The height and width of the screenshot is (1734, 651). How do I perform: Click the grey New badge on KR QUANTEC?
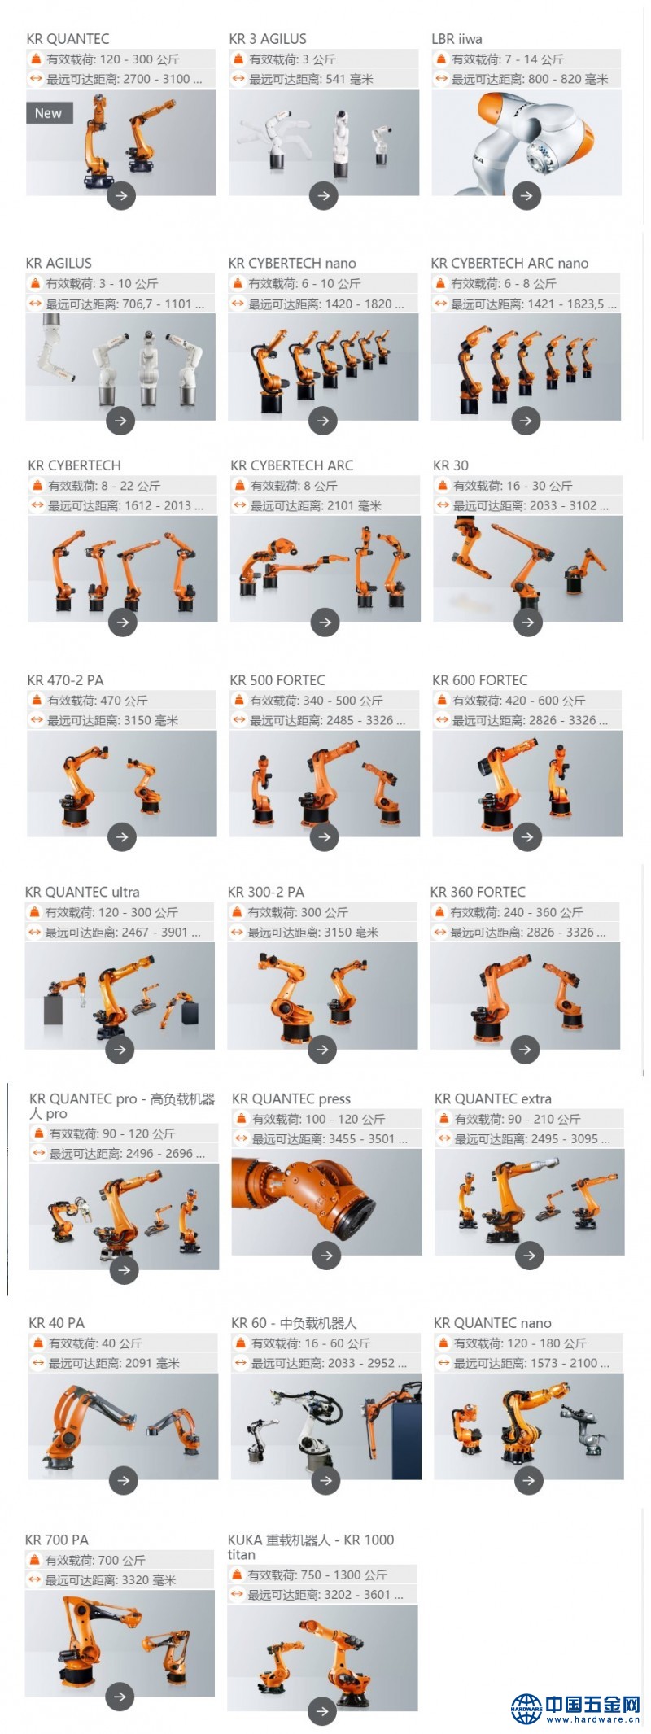coord(50,113)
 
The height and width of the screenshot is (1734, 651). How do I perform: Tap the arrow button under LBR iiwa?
coord(526,195)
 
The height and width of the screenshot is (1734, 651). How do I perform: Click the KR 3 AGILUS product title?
coord(268,39)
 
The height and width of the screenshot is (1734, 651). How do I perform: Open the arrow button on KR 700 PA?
coord(120,1697)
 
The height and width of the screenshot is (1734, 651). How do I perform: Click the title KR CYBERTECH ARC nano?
coord(509,264)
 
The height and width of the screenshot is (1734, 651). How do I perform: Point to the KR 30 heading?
coord(451,465)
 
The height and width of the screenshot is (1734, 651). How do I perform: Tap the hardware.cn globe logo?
coord(526,1708)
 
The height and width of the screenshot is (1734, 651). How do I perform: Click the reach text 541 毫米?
coord(350,80)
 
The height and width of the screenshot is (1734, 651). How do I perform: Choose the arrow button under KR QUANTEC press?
coord(326,1256)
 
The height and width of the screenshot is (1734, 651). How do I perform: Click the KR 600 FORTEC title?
coord(480,680)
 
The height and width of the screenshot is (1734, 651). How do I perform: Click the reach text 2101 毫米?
coord(354,506)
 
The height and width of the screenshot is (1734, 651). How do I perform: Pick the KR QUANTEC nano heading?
coord(492,1323)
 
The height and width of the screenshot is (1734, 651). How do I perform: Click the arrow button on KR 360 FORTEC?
coord(525,1050)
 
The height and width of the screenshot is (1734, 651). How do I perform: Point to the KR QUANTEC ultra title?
coord(82,893)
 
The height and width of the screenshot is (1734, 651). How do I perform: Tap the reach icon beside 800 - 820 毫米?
coord(442,79)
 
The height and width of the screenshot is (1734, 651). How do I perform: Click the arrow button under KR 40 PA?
coord(124,1480)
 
